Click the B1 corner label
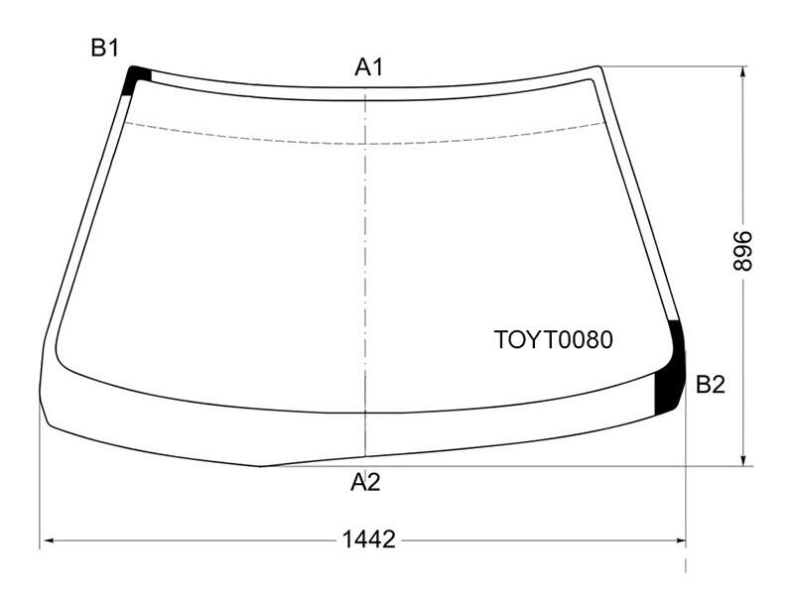pos(105,48)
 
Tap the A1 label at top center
pos(369,66)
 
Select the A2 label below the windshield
pos(365,482)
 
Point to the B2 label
pos(711,385)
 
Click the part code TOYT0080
pos(553,339)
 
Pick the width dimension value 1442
pos(368,539)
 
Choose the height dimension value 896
pos(743,251)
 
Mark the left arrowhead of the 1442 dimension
pos(49,540)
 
